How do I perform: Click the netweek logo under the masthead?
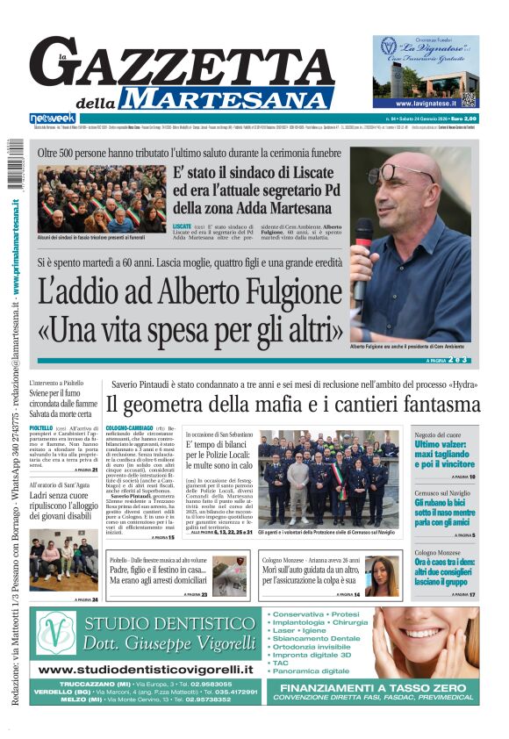pyautogui.click(x=53, y=118)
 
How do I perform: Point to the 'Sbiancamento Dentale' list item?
pyautogui.click(x=316, y=638)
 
